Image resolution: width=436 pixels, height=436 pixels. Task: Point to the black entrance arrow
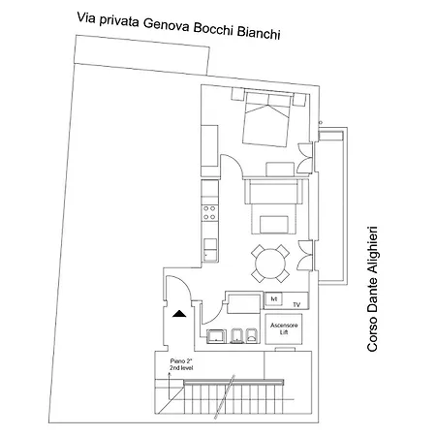178,313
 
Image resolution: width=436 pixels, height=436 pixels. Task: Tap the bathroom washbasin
215,335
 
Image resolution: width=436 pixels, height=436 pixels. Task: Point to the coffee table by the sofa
277,225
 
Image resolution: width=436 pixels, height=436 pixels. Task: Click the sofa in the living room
277,192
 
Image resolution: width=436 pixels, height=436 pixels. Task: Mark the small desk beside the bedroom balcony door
279,166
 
